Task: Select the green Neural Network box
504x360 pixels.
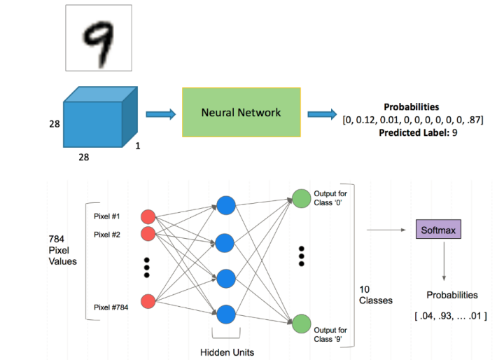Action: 241,112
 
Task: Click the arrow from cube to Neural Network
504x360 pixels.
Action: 160,112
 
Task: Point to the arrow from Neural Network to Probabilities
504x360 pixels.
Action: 321,113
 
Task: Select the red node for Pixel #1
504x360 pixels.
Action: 148,216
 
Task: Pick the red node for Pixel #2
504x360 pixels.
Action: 148,233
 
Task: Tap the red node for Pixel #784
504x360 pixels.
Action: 148,302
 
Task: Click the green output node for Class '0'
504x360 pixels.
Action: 302,199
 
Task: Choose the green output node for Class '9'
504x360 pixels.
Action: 302,324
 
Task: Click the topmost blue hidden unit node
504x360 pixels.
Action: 225,206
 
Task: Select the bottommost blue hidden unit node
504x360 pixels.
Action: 225,314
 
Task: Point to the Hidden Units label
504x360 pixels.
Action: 225,352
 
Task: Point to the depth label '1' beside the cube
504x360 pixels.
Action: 137,148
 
